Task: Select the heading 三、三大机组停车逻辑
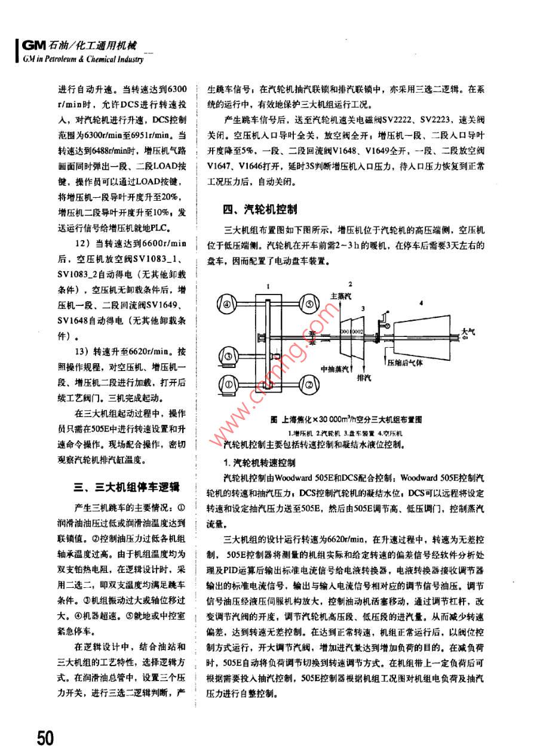point(126,489)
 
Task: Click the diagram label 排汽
point(363,378)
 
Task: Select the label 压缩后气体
point(406,362)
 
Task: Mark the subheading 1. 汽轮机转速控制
point(259,462)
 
